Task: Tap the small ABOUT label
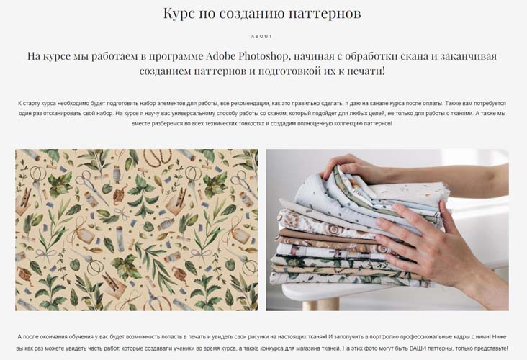(262, 36)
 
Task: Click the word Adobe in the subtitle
(220, 55)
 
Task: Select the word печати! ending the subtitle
(369, 71)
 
